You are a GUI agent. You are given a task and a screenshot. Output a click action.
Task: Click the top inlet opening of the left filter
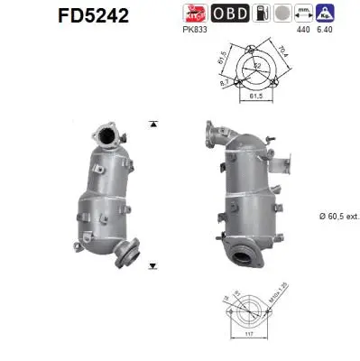(x=107, y=137)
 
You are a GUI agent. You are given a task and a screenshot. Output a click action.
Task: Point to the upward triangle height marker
(x=154, y=123)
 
